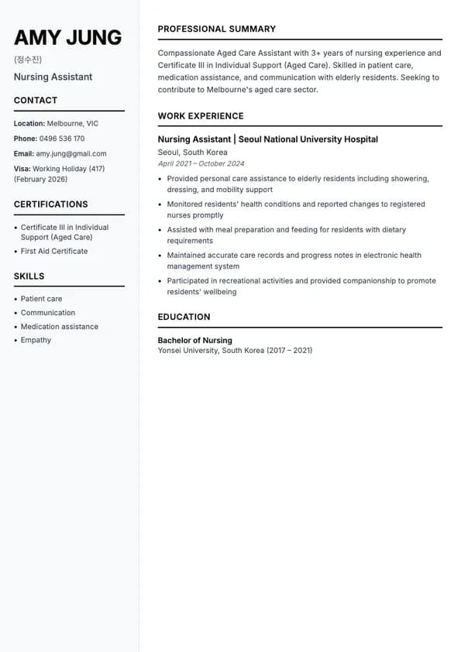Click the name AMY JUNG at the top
tap(67, 37)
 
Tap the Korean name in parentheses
tap(28, 60)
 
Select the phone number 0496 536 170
tap(62, 139)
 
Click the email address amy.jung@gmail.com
tap(71, 153)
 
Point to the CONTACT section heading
tap(36, 100)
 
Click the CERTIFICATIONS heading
tap(51, 204)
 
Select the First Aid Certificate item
tap(54, 251)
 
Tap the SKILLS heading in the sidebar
tap(29, 276)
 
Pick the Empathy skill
tap(36, 340)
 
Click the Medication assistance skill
tap(60, 326)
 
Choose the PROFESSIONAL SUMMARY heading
tap(217, 29)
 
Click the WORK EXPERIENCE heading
tap(201, 116)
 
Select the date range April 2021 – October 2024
tap(201, 163)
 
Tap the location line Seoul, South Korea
tap(193, 153)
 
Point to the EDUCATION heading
tap(184, 317)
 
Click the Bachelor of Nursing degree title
tap(194, 340)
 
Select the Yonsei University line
tap(235, 350)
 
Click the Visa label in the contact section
tap(22, 169)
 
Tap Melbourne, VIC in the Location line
tap(73, 123)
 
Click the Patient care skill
tap(41, 298)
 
